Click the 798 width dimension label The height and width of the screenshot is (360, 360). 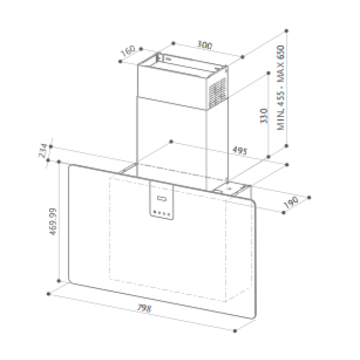coord(144,308)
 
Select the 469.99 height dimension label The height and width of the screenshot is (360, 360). coord(53,221)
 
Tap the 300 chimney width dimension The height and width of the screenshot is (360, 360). coord(205,45)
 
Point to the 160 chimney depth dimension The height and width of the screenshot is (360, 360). coord(128,51)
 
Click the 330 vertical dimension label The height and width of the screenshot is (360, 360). coord(264,116)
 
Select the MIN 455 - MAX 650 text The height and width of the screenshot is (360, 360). coord(281,88)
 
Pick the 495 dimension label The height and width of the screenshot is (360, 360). coord(240,151)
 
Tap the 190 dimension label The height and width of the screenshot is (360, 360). coord(291,202)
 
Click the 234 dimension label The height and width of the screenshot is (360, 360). coord(43,151)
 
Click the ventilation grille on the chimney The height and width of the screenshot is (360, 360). coord(217,94)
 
